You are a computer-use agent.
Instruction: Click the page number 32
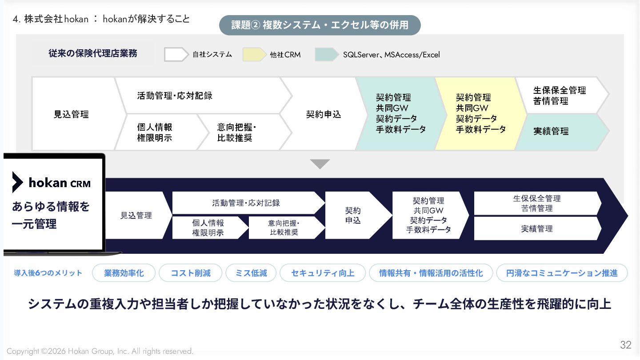pos(625,345)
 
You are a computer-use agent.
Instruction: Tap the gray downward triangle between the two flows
pos(320,164)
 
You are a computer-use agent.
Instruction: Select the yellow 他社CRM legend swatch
pos(255,54)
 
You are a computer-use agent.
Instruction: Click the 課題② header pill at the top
pos(320,25)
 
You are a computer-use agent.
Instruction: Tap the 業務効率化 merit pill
pos(124,273)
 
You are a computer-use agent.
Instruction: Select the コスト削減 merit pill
pos(191,273)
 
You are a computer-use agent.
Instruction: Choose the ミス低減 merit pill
pos(251,273)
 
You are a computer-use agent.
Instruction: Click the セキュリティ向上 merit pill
pos(323,273)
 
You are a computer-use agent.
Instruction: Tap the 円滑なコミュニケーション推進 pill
pos(562,273)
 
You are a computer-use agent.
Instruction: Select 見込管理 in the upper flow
pos(71,114)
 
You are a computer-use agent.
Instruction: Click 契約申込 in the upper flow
pos(323,114)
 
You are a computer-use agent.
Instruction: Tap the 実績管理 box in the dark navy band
pos(537,228)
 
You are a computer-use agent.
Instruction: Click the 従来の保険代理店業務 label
pos(93,53)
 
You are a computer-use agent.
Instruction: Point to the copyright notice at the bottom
pos(100,352)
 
